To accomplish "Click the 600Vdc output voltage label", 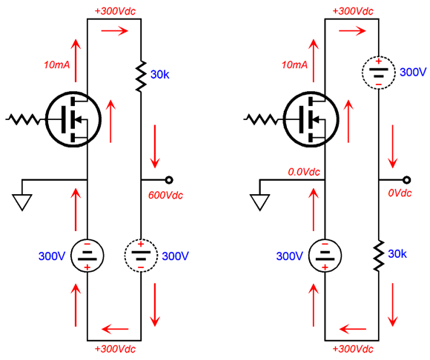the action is pyautogui.click(x=165, y=195).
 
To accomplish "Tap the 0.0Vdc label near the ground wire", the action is pyautogui.click(x=304, y=172).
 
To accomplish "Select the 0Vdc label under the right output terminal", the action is pyautogui.click(x=400, y=193).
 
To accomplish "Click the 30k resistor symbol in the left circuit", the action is pyautogui.click(x=141, y=76).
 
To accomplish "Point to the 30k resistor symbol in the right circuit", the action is pyautogui.click(x=379, y=256).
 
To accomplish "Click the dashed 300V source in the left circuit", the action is pyautogui.click(x=141, y=256).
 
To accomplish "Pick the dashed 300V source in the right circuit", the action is pyautogui.click(x=379, y=73).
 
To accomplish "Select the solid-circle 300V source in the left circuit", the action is pyautogui.click(x=87, y=256).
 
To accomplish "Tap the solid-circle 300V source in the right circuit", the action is pyautogui.click(x=325, y=256).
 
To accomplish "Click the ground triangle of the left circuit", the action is pyautogui.click(x=22, y=202).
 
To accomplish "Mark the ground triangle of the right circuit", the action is pyautogui.click(x=259, y=202).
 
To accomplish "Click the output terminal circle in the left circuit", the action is pyautogui.click(x=169, y=180).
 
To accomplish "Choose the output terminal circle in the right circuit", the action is pyautogui.click(x=407, y=180).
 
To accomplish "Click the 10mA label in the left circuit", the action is pyautogui.click(x=57, y=64).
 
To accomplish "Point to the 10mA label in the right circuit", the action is pyautogui.click(x=294, y=64).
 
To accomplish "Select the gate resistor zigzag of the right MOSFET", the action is pyautogui.click(x=261, y=119).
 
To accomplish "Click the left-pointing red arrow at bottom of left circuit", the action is pyautogui.click(x=115, y=329).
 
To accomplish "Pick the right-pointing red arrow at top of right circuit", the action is pyautogui.click(x=352, y=30).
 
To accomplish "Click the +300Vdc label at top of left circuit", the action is pyautogui.click(x=115, y=11).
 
